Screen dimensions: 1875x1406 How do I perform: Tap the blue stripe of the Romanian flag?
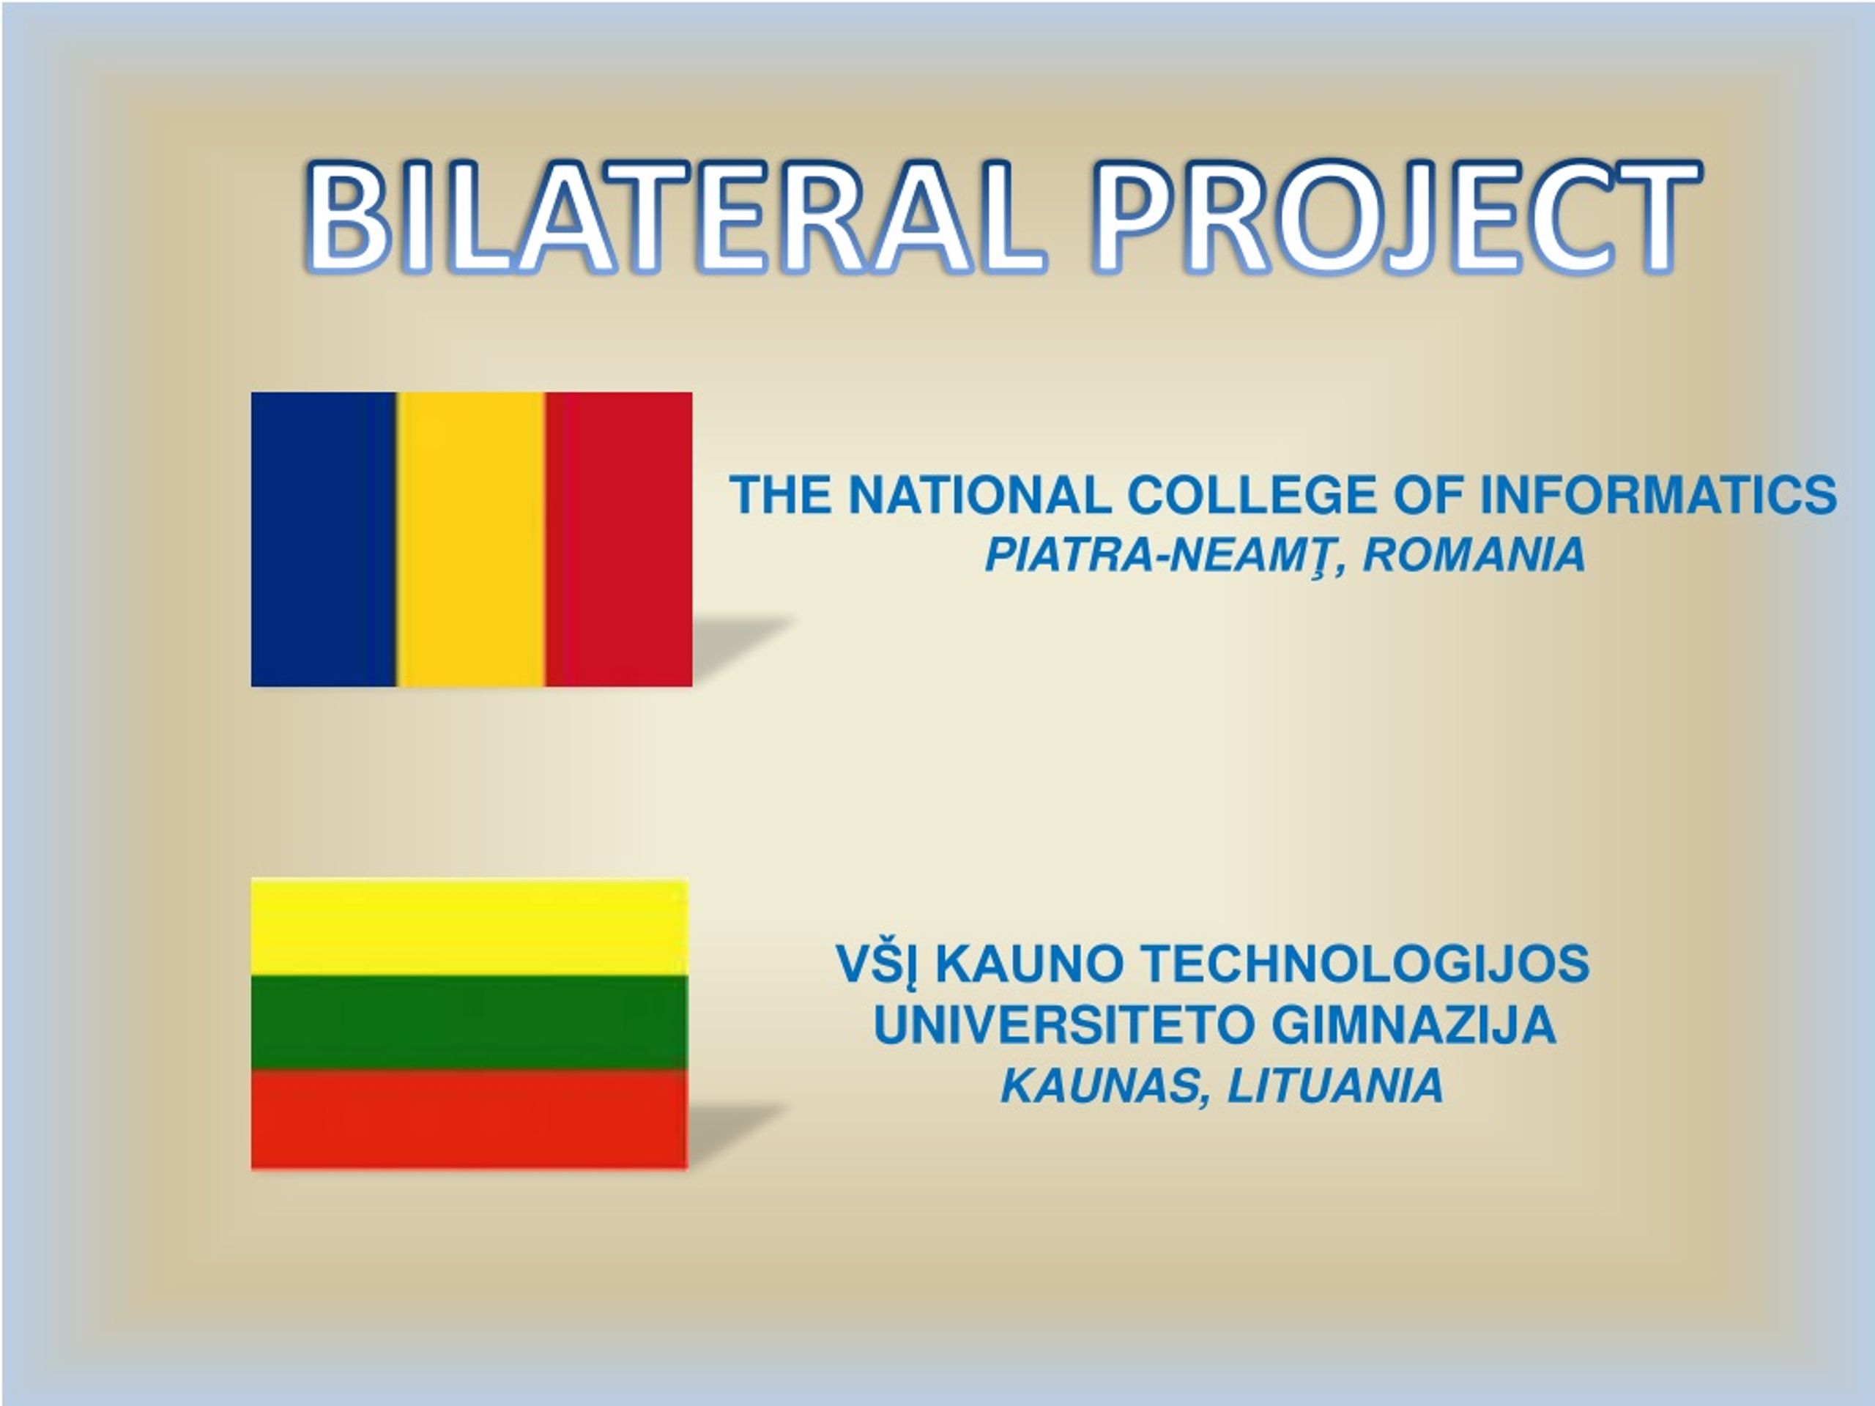pos(324,539)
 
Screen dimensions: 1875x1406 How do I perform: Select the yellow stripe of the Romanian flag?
pos(471,539)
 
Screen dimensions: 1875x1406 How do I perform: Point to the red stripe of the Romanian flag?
pos(619,539)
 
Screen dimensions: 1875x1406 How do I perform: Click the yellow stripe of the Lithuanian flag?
pos(469,927)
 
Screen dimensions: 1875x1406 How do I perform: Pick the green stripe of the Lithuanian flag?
pos(469,1022)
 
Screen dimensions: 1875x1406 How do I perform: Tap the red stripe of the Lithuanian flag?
pos(469,1119)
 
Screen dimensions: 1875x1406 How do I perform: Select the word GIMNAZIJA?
pos(1414,1024)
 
